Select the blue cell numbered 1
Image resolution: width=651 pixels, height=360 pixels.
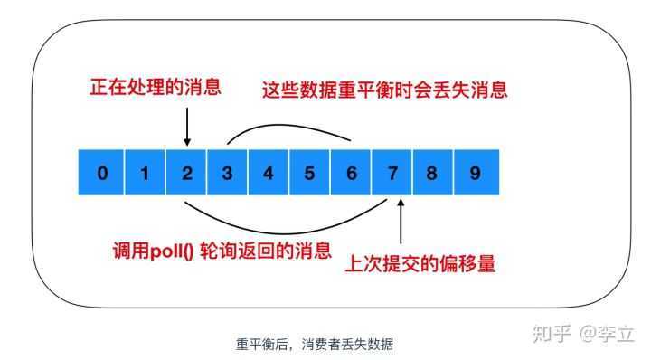[x=145, y=173]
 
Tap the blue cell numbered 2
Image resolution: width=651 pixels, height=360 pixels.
[x=186, y=173]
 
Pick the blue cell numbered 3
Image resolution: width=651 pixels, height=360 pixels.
[x=227, y=173]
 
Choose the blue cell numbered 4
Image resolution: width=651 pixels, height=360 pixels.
[x=269, y=173]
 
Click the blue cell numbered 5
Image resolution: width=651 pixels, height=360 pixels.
[x=309, y=173]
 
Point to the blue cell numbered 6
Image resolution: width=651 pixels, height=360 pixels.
[x=351, y=173]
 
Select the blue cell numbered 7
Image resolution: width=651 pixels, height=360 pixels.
[x=392, y=173]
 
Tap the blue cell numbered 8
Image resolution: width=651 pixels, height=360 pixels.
[x=433, y=173]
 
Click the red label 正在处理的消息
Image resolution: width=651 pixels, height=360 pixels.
[x=155, y=88]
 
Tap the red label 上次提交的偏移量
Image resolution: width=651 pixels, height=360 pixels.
[x=421, y=264]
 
